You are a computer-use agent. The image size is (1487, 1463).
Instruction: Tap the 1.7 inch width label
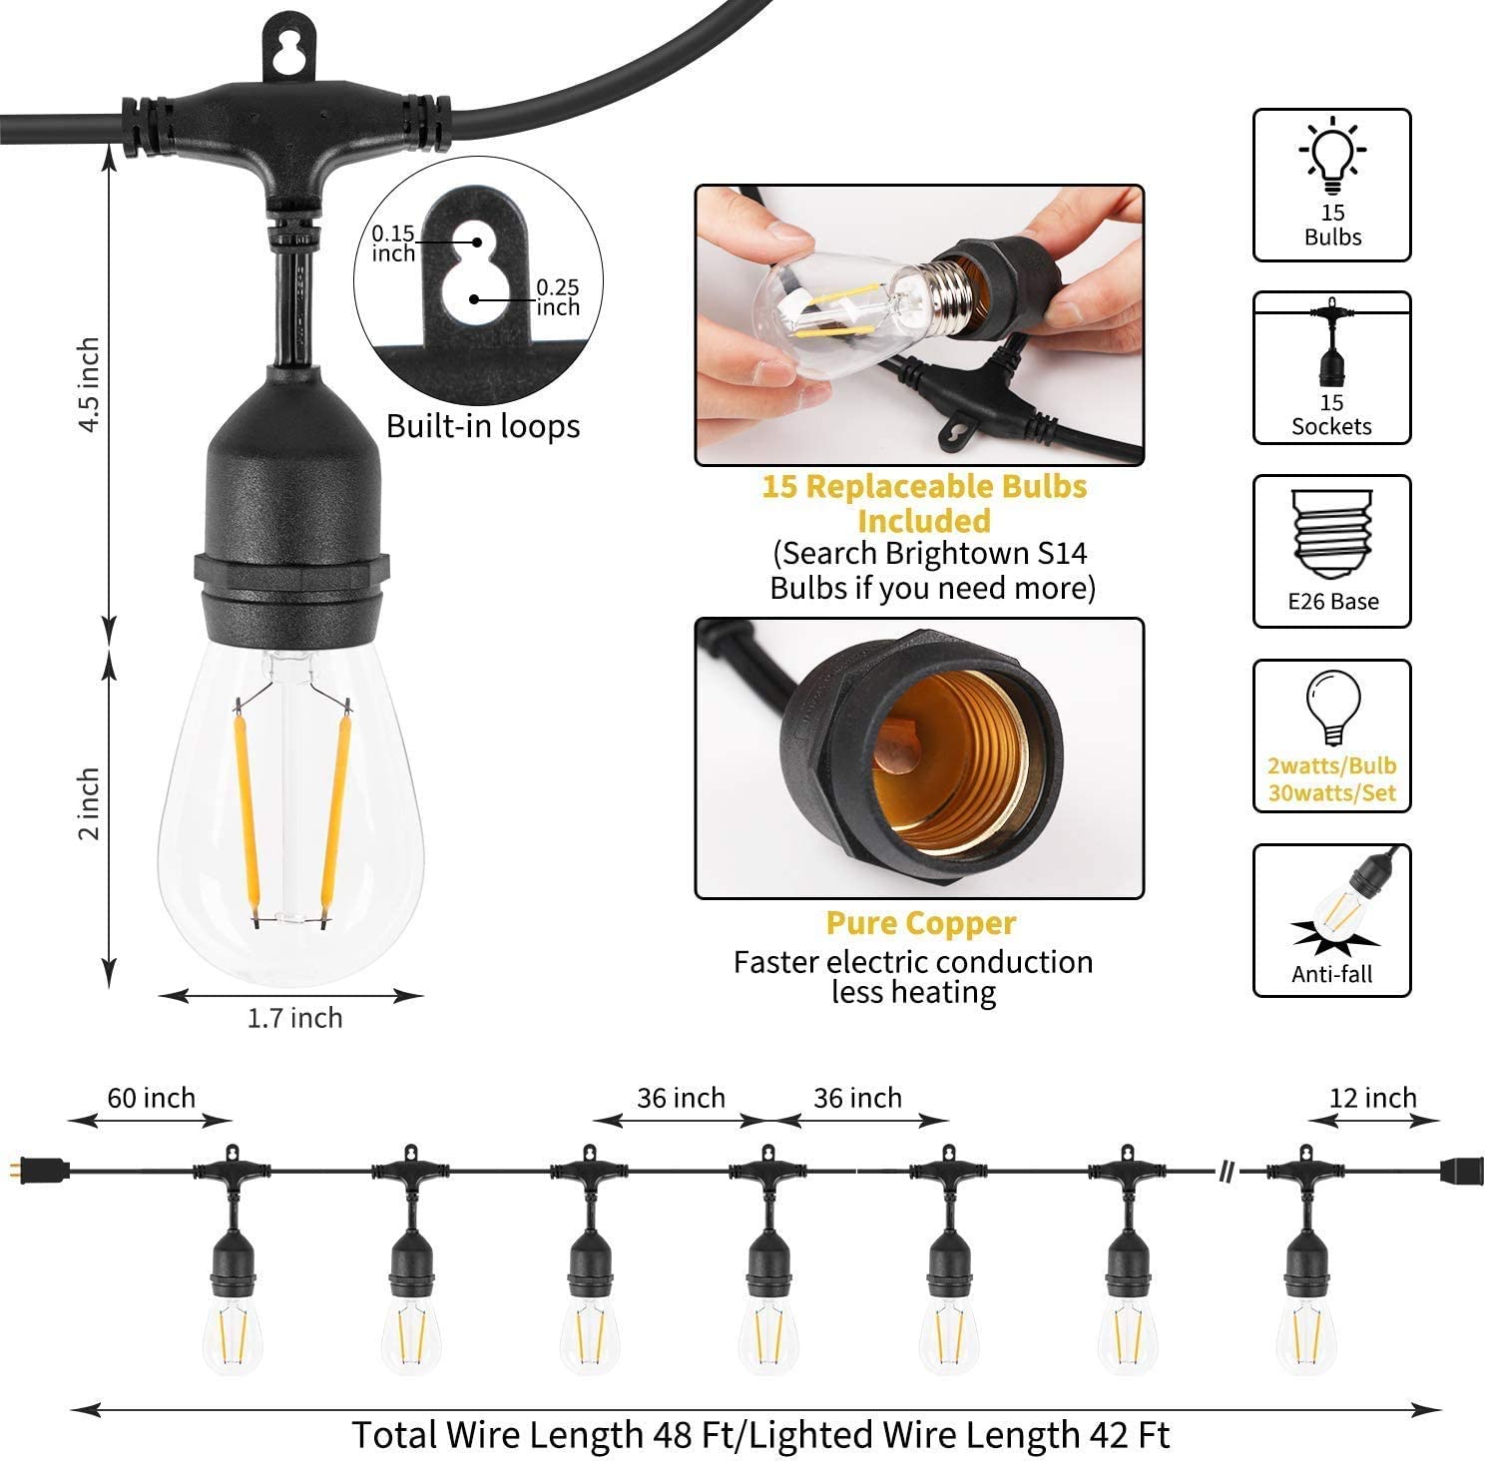click(294, 1018)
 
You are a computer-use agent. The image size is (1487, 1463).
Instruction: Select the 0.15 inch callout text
click(393, 244)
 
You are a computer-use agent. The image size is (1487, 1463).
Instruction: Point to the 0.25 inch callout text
click(558, 297)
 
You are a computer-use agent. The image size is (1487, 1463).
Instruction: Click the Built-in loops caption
click(483, 426)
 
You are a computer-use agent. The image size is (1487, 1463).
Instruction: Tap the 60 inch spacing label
click(152, 1098)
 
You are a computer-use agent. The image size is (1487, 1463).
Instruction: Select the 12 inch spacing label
click(1373, 1098)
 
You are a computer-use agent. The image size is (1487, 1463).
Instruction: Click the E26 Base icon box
click(1332, 551)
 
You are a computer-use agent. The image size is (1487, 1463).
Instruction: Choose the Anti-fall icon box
click(1332, 920)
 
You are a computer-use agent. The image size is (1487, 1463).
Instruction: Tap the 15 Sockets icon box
click(1332, 367)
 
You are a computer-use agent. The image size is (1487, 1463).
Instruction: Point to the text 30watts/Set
click(1332, 794)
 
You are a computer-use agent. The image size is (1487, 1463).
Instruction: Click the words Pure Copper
click(921, 924)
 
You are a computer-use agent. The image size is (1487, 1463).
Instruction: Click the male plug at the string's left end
click(46, 1168)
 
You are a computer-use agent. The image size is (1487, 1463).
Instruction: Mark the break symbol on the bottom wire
click(1228, 1169)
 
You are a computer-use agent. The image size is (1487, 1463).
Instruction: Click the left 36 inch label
click(682, 1098)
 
